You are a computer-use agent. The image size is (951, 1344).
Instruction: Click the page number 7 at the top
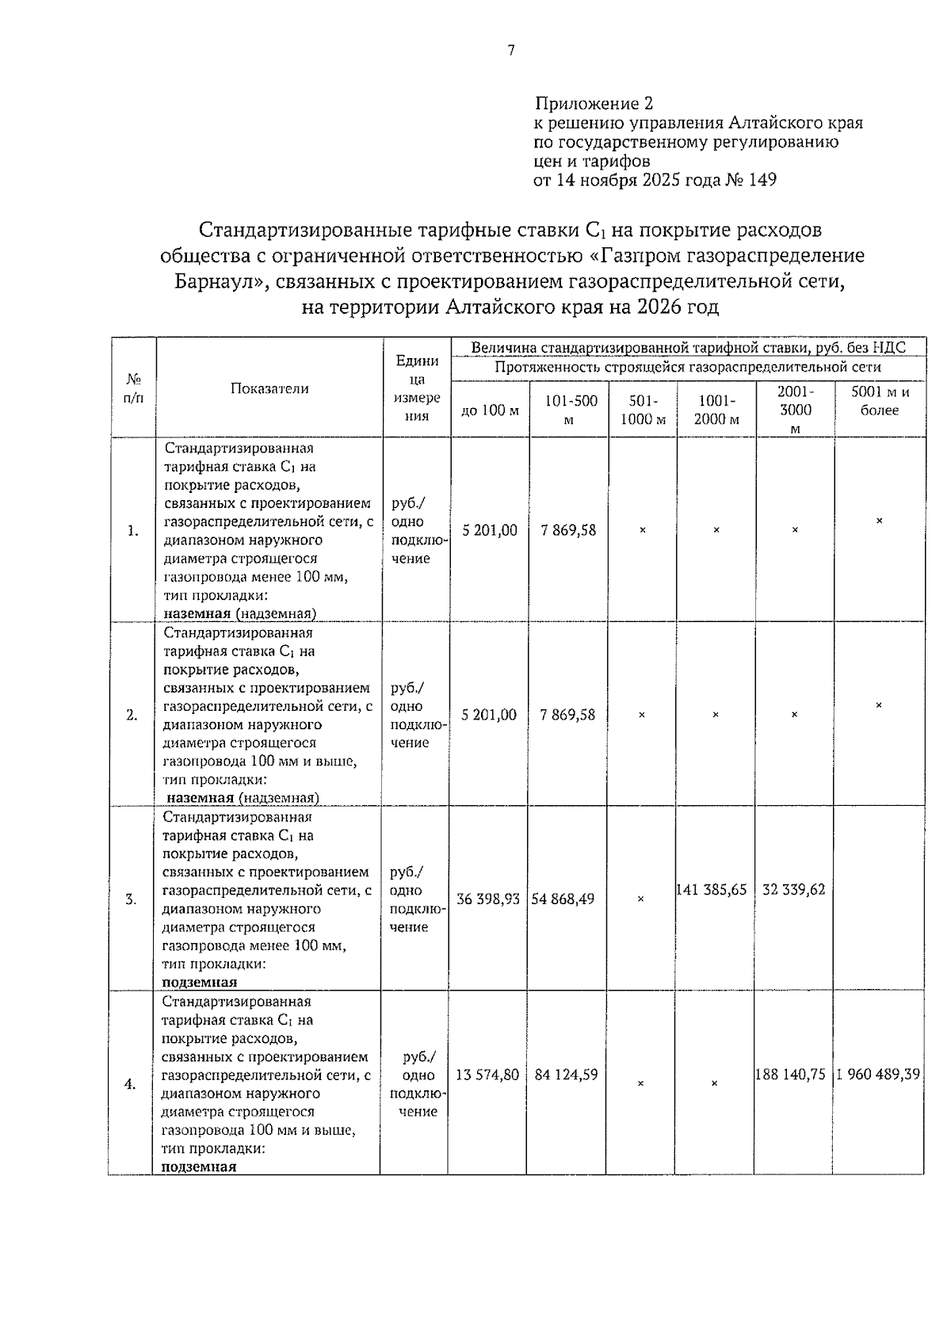pos(511,51)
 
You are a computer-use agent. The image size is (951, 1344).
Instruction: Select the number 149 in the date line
pos(762,180)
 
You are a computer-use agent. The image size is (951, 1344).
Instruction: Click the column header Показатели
pos(269,388)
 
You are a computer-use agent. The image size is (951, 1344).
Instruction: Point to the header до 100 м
pos(490,410)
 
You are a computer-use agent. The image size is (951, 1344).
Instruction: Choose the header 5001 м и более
pos(880,401)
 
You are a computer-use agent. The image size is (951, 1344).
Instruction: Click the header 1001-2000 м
pos(716,410)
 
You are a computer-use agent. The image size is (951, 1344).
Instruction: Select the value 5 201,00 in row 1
pos(490,530)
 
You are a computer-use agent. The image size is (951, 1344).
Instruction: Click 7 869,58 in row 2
pos(568,715)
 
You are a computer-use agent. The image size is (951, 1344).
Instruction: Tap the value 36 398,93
pos(488,899)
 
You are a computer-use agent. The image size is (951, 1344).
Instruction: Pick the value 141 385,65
pos(712,890)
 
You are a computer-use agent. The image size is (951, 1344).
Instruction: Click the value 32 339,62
pos(794,890)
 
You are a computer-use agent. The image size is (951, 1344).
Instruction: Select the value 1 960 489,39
pos(878,1075)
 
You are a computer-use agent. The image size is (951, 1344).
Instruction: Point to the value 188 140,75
pos(792,1075)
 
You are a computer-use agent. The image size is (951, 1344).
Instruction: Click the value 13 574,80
pos(487,1075)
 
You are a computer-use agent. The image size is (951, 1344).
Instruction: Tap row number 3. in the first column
pos(131,899)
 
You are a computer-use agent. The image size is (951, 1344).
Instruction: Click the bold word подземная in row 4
pos(199,1166)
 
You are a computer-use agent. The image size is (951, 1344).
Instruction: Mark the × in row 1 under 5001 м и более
pos(879,521)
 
